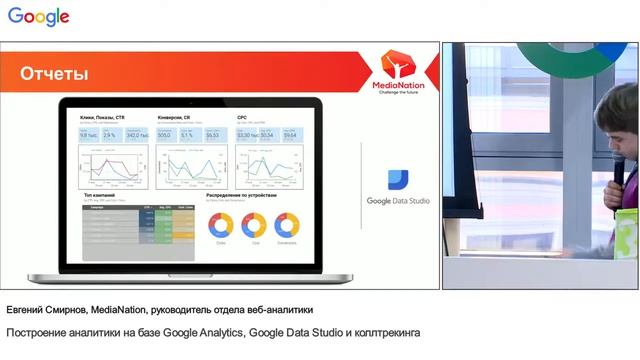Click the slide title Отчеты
[x=54, y=74]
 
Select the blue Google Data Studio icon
[x=398, y=176]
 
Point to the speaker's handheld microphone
[x=619, y=170]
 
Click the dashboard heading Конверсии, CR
[x=176, y=117]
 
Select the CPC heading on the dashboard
[x=242, y=117]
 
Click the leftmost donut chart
[x=220, y=226]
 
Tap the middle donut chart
[x=254, y=226]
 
